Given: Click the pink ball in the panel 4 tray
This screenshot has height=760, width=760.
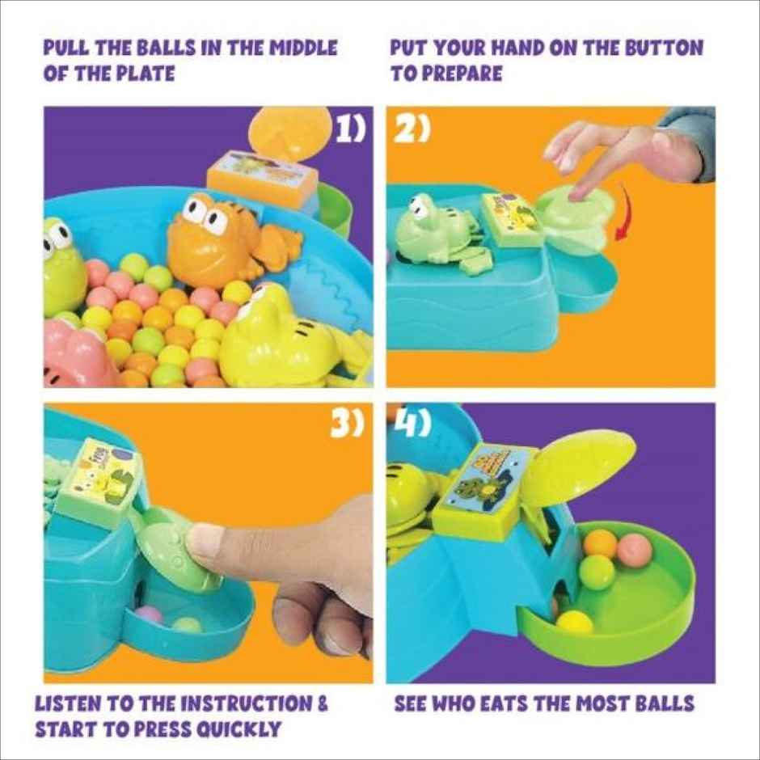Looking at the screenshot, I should tap(635, 550).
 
